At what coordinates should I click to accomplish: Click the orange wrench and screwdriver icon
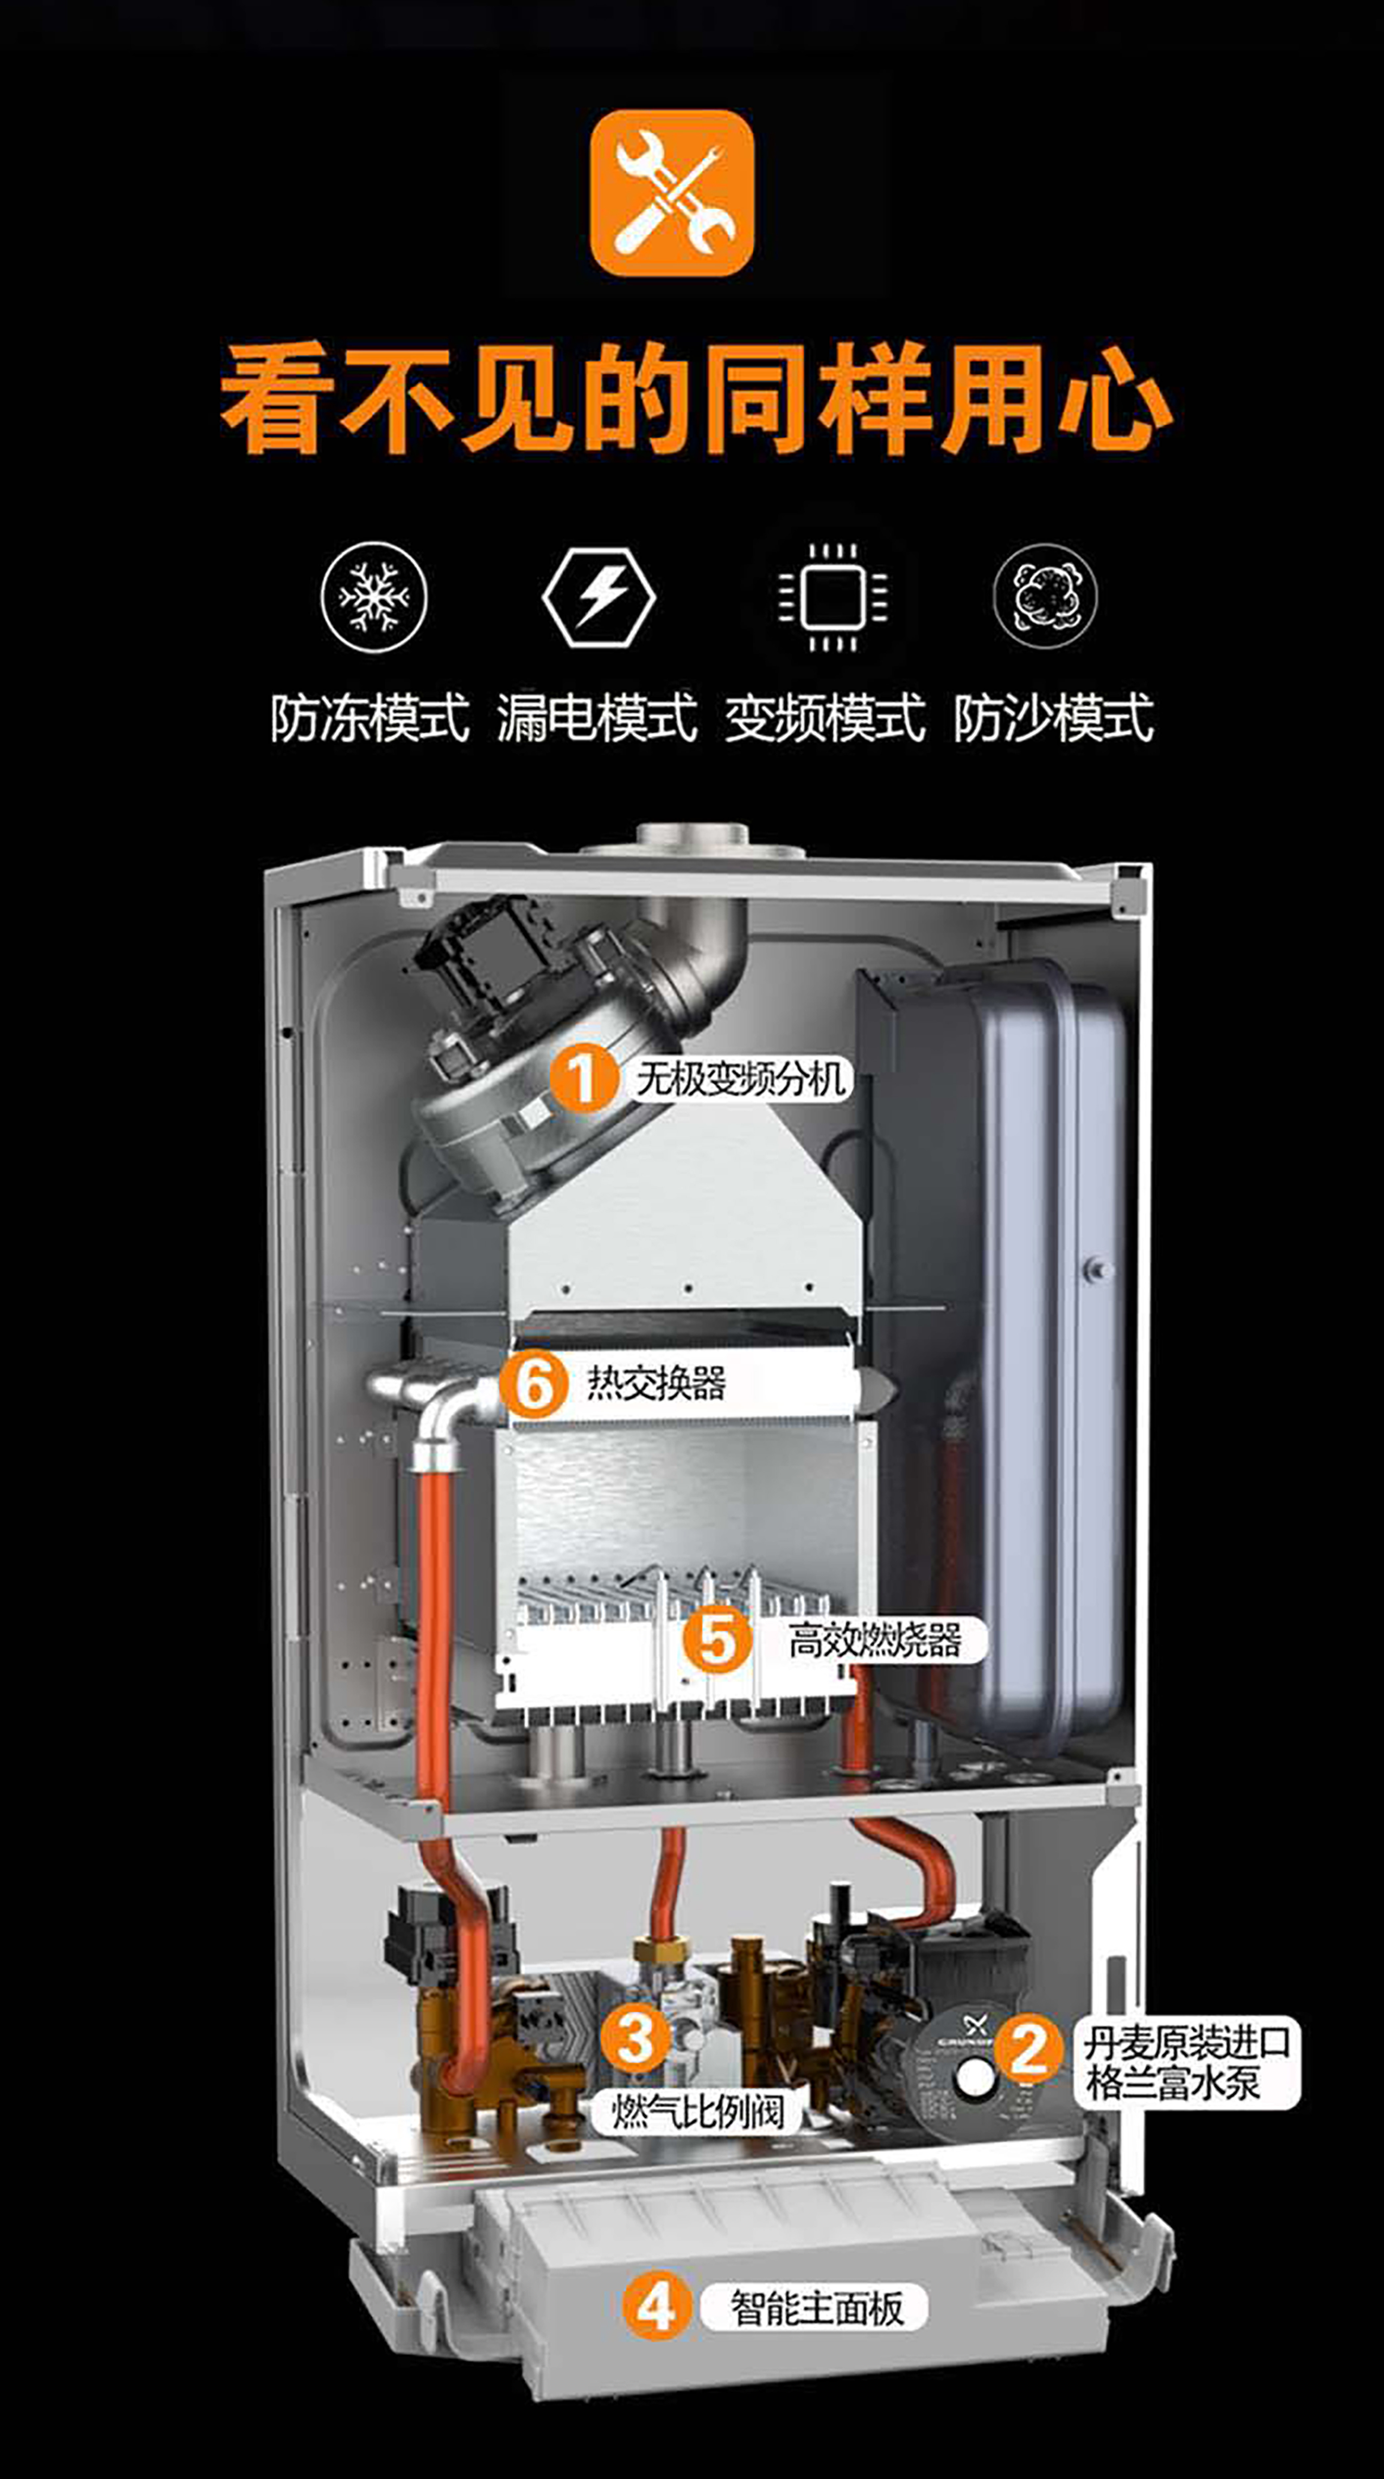click(x=672, y=193)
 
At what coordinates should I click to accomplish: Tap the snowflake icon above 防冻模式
click(x=374, y=597)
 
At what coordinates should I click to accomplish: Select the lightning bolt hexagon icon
click(x=598, y=597)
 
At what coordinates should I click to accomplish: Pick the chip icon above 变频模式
click(x=833, y=597)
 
